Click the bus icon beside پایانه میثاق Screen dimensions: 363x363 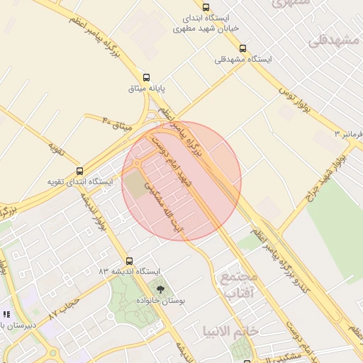pos(147,77)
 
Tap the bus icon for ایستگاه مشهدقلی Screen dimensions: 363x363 pos(243,48)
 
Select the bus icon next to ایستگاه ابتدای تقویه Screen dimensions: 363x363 pos(79,171)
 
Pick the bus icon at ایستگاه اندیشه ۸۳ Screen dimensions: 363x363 pos(129,261)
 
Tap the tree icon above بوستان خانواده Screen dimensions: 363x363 pos(160,289)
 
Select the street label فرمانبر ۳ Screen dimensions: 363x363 pos(349,133)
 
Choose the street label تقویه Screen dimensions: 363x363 pos(57,148)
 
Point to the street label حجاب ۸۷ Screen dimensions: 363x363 pos(62,308)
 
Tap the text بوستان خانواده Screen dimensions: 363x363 pos(160,301)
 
